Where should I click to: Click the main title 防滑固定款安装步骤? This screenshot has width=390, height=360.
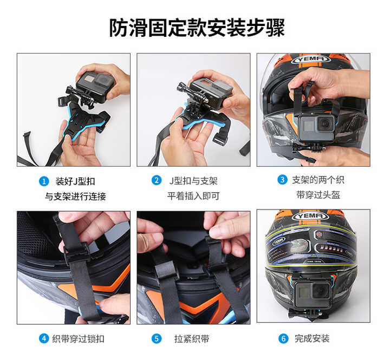tap(197, 28)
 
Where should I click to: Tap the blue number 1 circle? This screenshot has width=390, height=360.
tap(44, 181)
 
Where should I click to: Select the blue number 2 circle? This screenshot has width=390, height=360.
tap(157, 180)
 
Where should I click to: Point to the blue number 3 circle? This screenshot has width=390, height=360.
tap(282, 180)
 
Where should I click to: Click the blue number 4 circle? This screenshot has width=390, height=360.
tap(44, 338)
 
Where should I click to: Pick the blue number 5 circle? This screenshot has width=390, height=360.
tap(157, 338)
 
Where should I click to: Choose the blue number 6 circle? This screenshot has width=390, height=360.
tap(283, 338)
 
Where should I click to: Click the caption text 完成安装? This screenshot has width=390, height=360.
tap(312, 338)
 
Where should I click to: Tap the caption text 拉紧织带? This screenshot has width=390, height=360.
tap(192, 339)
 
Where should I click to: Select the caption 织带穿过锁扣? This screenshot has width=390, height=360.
tap(78, 339)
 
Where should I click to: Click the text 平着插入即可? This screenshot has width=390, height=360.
tap(193, 196)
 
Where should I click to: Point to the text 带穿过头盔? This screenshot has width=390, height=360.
tap(318, 195)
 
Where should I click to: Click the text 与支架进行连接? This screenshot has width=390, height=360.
tap(75, 197)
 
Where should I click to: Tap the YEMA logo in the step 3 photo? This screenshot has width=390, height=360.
tap(311, 59)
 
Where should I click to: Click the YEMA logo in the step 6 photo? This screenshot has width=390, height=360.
tap(311, 216)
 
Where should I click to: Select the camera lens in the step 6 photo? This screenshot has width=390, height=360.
tap(321, 290)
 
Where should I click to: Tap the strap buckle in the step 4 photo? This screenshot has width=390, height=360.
tap(76, 251)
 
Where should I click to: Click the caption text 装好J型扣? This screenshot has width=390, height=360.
tap(75, 181)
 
